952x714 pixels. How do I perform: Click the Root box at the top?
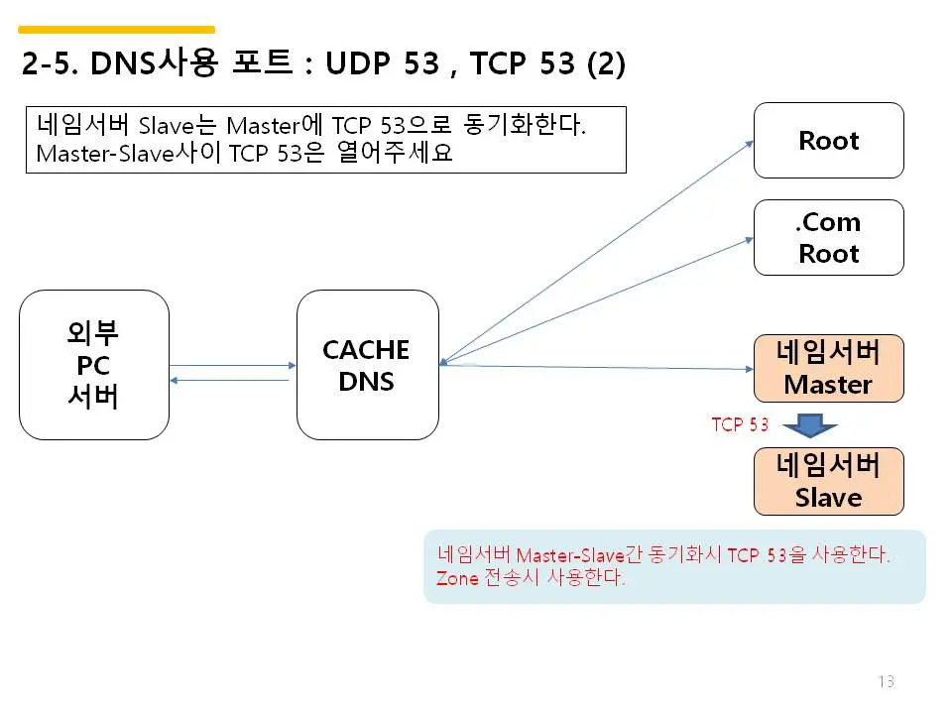pos(828,140)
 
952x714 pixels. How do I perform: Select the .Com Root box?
pos(828,237)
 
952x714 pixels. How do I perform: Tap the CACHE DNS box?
pos(367,365)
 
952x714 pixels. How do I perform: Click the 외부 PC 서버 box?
pos(93,365)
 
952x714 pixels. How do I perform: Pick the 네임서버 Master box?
pos(828,368)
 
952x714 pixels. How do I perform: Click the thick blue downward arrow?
pos(811,426)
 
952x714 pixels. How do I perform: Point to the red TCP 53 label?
pos(740,424)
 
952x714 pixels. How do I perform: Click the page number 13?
pos(886,681)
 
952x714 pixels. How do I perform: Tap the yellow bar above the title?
pos(117,30)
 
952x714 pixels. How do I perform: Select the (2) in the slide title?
pos(606,64)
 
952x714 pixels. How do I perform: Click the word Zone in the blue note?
pos(457,578)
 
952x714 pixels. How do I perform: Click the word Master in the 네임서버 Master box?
pos(828,385)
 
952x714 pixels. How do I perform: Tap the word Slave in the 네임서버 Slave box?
pos(828,498)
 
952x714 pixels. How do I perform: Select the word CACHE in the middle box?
pos(366,350)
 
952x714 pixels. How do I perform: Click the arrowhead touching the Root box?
pos(749,144)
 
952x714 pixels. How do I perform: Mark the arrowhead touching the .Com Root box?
pos(749,238)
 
